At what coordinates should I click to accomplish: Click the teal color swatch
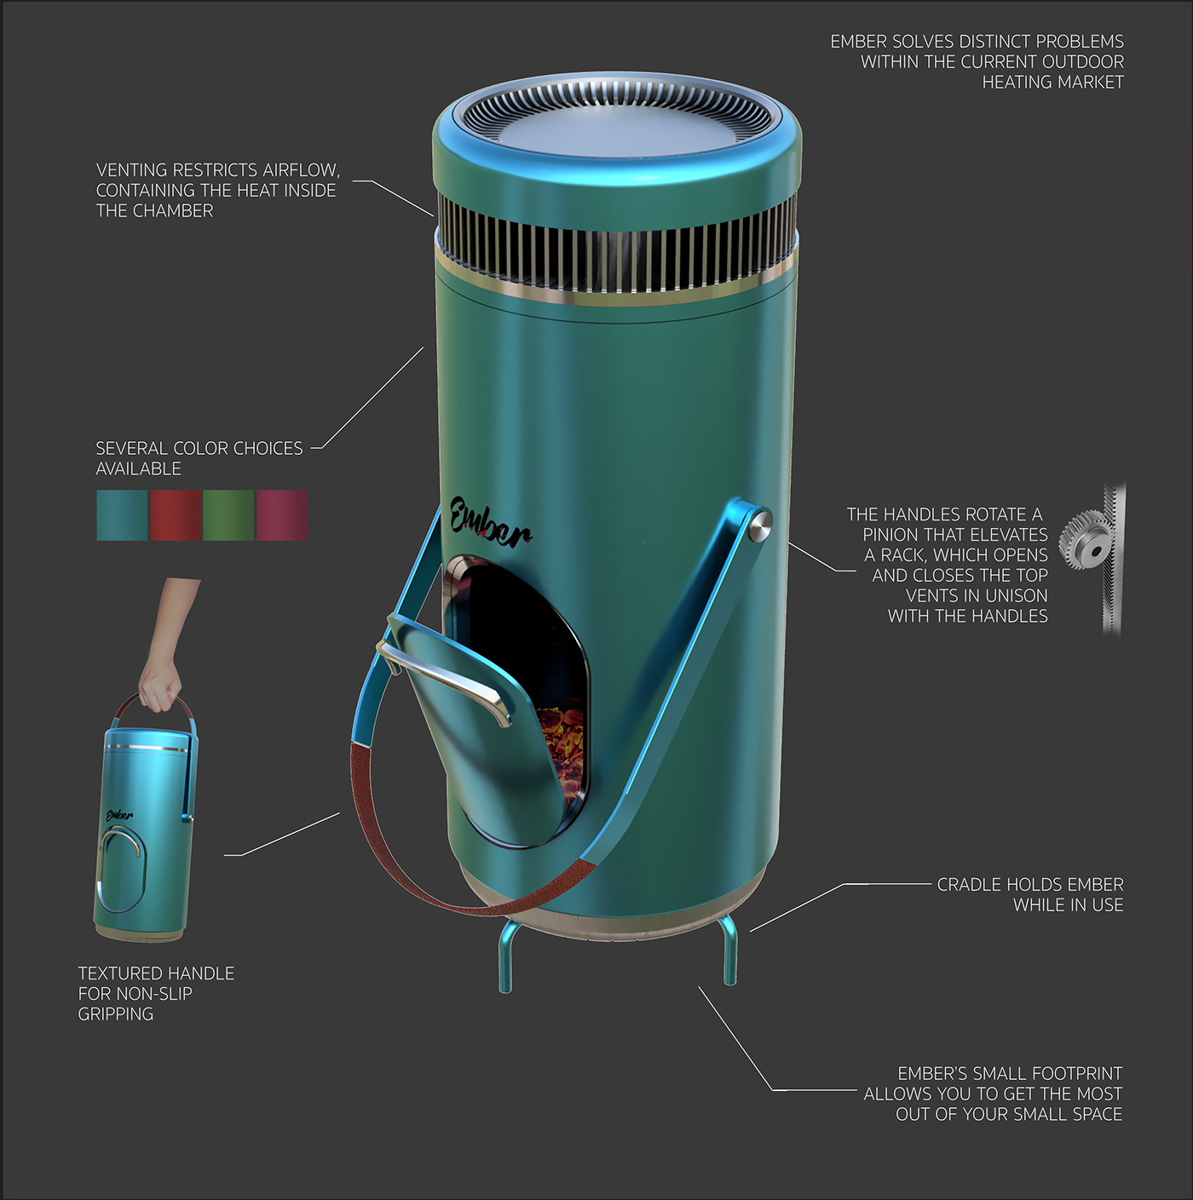(122, 515)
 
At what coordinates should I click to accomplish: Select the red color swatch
(176, 515)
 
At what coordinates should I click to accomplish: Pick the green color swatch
(228, 515)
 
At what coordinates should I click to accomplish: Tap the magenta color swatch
(281, 515)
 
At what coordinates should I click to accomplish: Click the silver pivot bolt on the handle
(758, 523)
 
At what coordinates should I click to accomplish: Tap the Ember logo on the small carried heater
(119, 815)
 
